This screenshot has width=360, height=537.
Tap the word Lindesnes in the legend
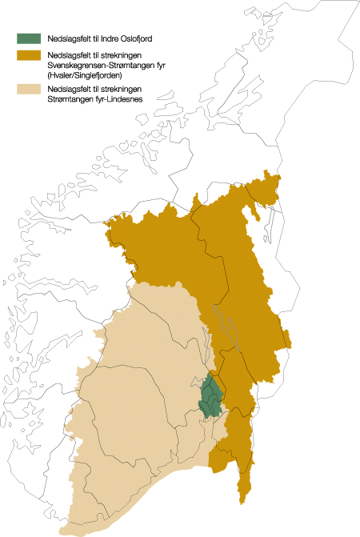point(117,99)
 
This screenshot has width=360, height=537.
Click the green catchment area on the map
point(211,397)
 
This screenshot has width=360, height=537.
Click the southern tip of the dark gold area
point(243,503)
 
